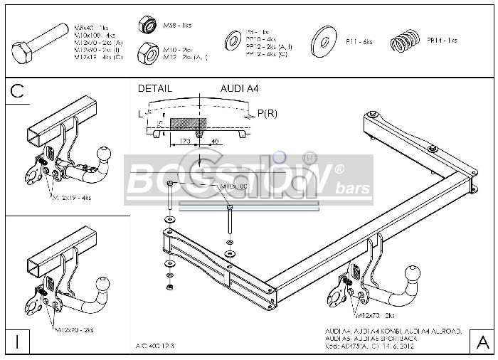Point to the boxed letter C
click(18, 91)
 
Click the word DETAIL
click(154, 89)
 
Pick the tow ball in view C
click(103, 154)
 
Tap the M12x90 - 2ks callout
click(74, 330)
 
